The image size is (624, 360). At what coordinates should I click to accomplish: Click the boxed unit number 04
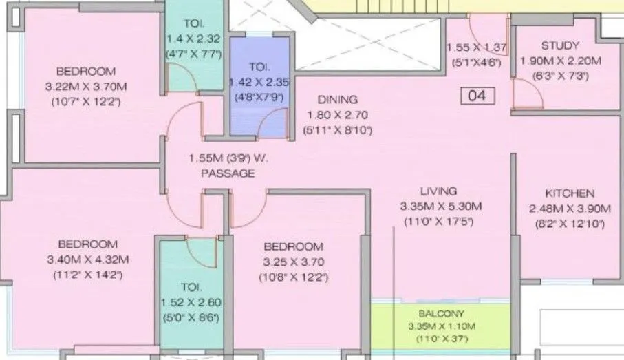point(477,96)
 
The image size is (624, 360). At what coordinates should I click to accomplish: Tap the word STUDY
point(560,46)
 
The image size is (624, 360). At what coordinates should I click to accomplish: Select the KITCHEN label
point(569,193)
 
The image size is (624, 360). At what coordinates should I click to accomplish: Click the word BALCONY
point(441,313)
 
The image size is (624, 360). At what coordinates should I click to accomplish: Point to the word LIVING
point(439,191)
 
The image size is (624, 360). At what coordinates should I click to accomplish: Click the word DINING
point(338,99)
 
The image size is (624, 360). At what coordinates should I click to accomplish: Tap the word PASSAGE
point(227,173)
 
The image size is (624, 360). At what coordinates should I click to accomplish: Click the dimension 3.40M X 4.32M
point(87,259)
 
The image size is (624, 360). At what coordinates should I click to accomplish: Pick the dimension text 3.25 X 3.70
point(293,262)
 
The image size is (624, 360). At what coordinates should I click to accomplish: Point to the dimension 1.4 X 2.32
point(193,39)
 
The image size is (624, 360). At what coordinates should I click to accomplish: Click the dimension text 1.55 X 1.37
point(476,47)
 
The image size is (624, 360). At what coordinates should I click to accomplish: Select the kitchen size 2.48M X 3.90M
point(570,209)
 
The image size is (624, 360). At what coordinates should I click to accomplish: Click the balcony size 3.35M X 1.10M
point(441,326)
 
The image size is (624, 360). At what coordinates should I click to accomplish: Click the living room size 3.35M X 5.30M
point(440,206)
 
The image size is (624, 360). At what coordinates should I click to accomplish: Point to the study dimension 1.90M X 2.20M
point(561,61)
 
